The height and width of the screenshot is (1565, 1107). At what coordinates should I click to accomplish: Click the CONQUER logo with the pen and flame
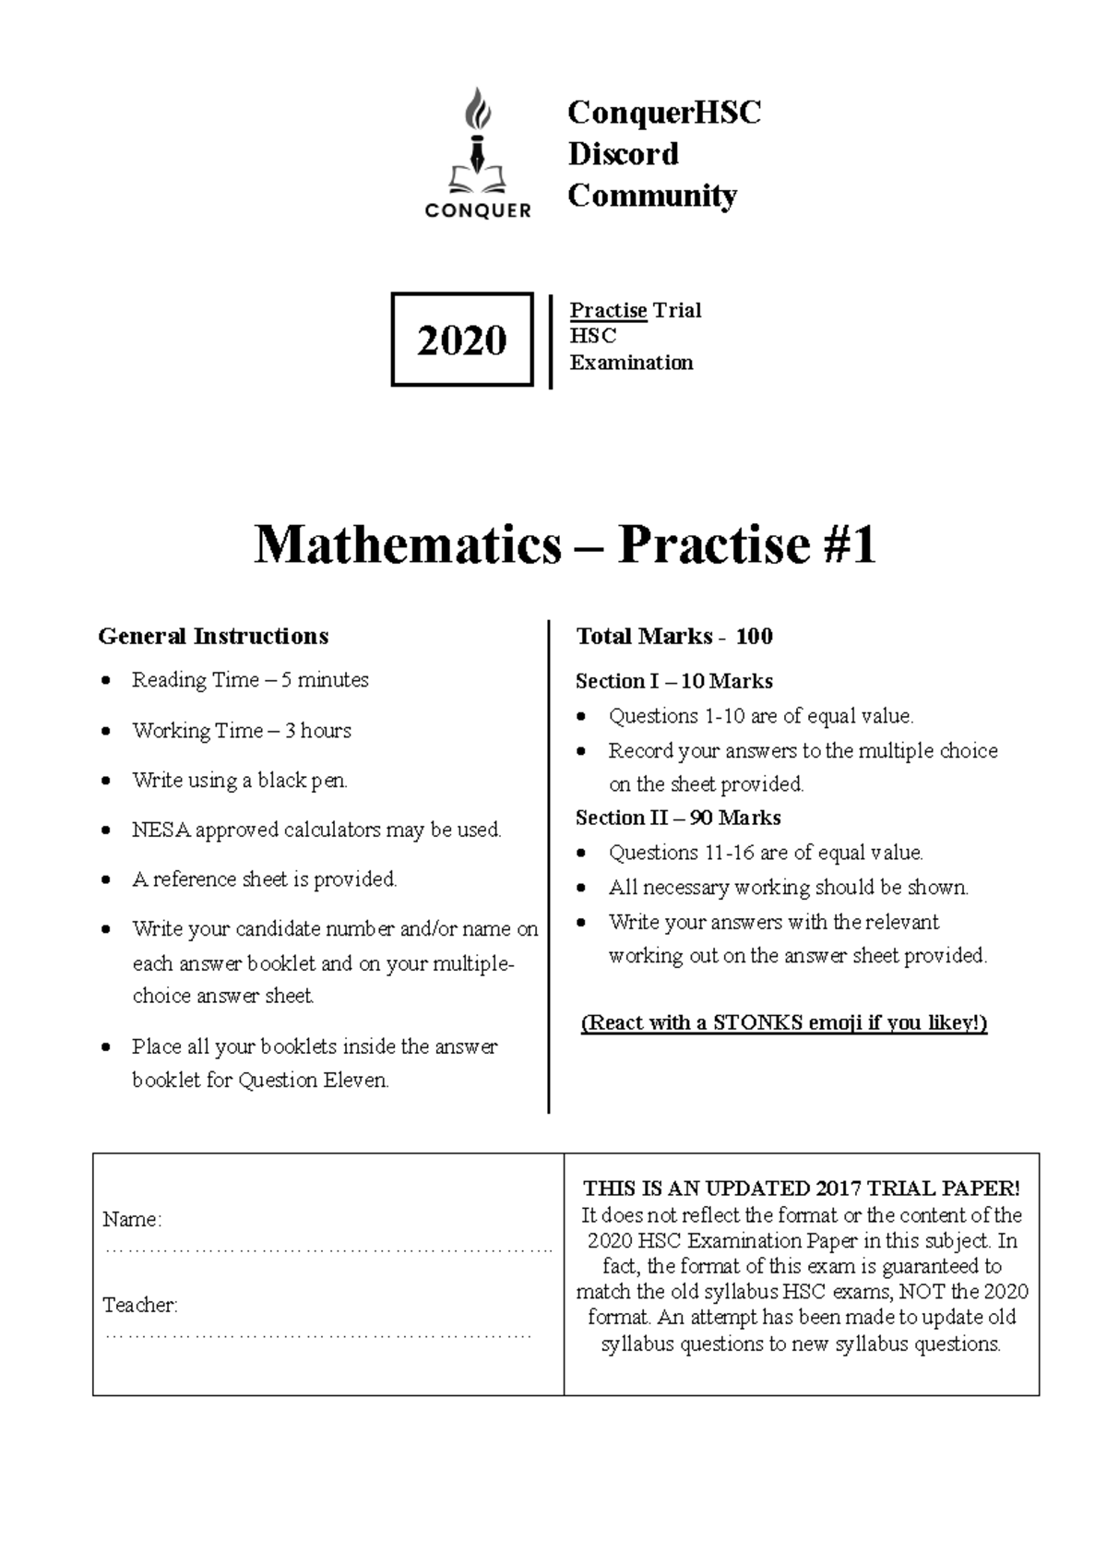[478, 153]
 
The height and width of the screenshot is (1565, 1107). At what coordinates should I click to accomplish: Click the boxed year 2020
[461, 340]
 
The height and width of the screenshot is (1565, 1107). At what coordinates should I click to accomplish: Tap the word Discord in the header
[623, 153]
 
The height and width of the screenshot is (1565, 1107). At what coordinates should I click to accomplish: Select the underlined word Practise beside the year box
[608, 310]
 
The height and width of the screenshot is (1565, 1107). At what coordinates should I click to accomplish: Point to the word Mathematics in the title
[407, 544]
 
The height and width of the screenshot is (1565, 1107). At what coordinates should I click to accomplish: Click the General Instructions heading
[213, 636]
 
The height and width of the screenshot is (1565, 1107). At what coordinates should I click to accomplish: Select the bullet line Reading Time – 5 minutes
[250, 680]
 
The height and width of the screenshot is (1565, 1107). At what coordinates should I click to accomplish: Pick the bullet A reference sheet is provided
[264, 879]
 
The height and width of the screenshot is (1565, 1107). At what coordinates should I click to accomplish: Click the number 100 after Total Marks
[754, 636]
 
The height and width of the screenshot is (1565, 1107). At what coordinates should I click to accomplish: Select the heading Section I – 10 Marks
[673, 681]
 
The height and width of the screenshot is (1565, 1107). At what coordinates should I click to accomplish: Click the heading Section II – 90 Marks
[678, 818]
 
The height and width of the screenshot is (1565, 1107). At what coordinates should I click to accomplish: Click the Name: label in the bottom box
[132, 1219]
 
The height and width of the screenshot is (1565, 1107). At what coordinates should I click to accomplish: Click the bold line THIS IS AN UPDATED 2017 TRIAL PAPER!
[801, 1189]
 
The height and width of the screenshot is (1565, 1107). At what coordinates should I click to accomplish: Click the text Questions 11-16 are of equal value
[766, 853]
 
